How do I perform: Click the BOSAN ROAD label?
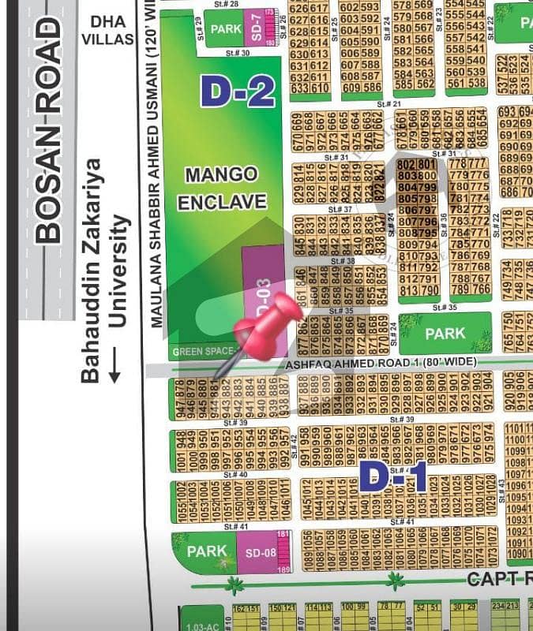pos(48,129)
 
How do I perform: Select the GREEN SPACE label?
pos(203,351)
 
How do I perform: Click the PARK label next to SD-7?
pos(224,29)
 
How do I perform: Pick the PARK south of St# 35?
pos(445,334)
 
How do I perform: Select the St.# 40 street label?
pos(236,475)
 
